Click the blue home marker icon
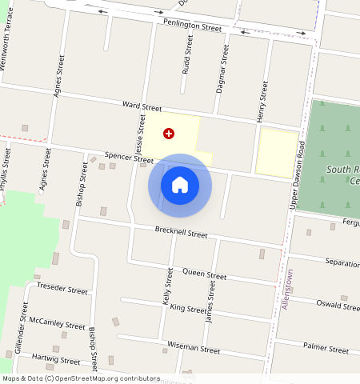[x=180, y=186]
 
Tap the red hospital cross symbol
[x=169, y=134]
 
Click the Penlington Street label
[x=192, y=26]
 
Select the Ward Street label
[x=142, y=106]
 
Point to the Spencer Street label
[x=128, y=158]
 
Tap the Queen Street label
[x=206, y=274]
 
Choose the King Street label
[x=188, y=309]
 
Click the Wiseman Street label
[x=193, y=349]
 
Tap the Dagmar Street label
[x=223, y=69]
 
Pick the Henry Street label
[x=262, y=102]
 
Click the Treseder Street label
[x=62, y=290]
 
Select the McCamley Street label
[x=57, y=324]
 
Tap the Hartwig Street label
[x=57, y=359]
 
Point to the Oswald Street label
[x=338, y=304]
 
